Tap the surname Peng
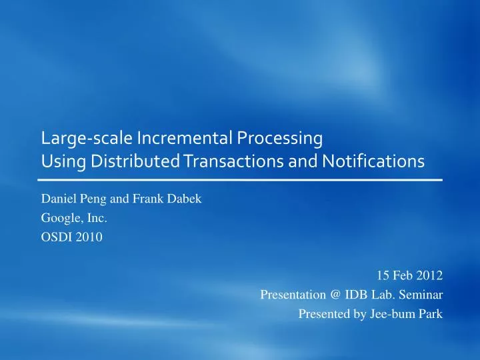[x=92, y=198]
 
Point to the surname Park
[x=429, y=315]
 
